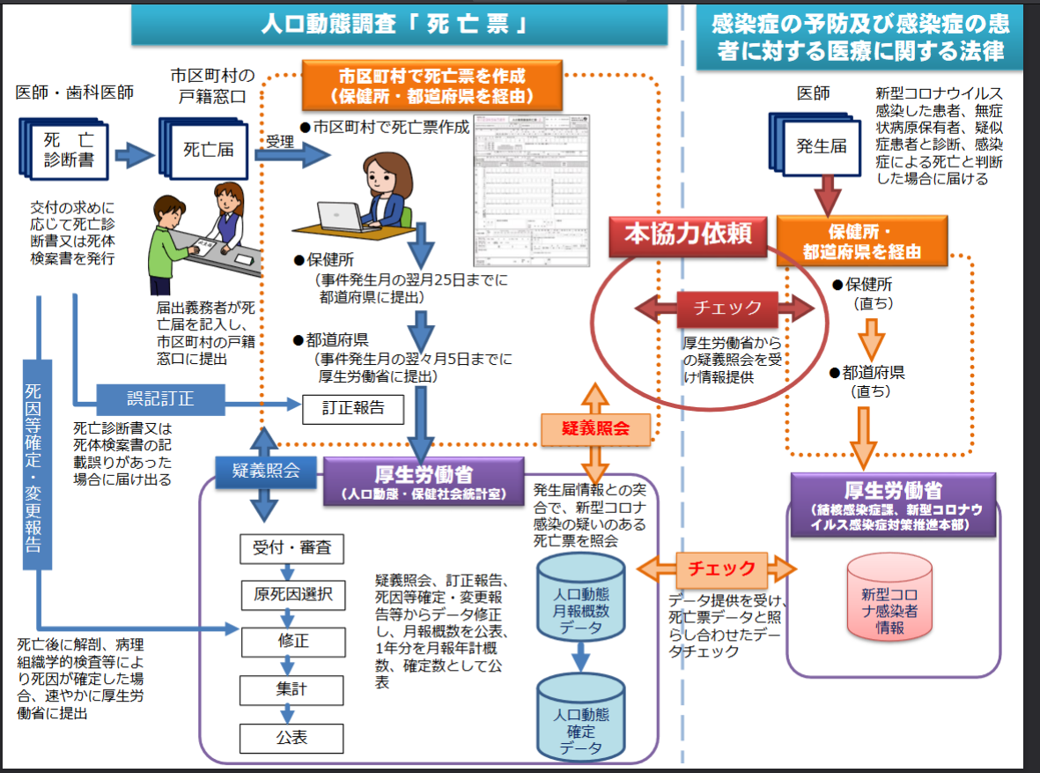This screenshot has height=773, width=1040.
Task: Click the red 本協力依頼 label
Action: click(688, 234)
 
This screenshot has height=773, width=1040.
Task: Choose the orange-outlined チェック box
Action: click(721, 568)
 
